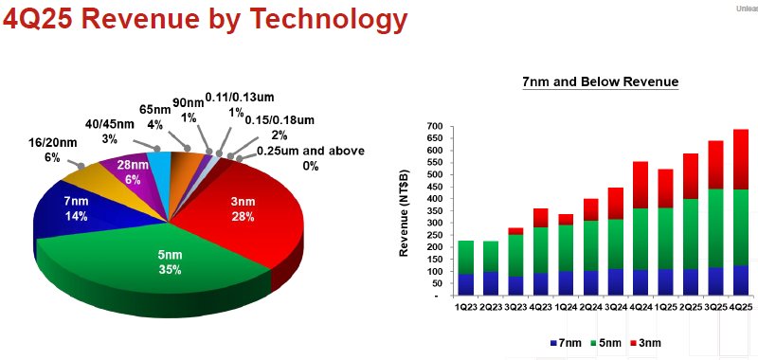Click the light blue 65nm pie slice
click(x=158, y=164)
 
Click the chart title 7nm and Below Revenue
click(x=601, y=82)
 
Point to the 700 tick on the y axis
click(x=435, y=126)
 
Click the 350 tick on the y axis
click(x=435, y=211)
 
